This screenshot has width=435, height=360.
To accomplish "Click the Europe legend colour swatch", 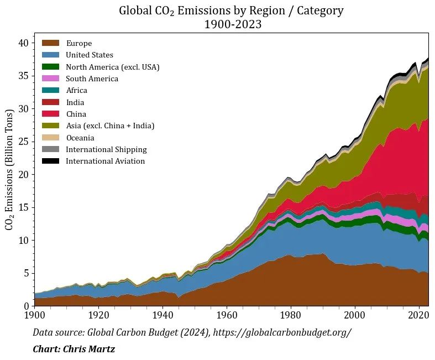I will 50,43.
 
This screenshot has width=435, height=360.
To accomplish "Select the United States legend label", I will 89,55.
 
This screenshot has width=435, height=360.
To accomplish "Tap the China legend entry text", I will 76,114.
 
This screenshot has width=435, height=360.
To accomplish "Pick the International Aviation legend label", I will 105,161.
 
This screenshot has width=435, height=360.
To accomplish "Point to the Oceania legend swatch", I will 50,137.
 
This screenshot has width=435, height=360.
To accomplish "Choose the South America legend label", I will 92,79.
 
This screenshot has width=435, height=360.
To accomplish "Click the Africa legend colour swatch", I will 50,90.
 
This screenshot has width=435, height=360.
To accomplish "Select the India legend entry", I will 75,102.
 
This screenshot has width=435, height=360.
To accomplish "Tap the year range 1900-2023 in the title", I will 232,24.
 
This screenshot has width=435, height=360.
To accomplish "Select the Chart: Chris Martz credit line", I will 74,349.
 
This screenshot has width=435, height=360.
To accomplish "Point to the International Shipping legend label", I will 106,149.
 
